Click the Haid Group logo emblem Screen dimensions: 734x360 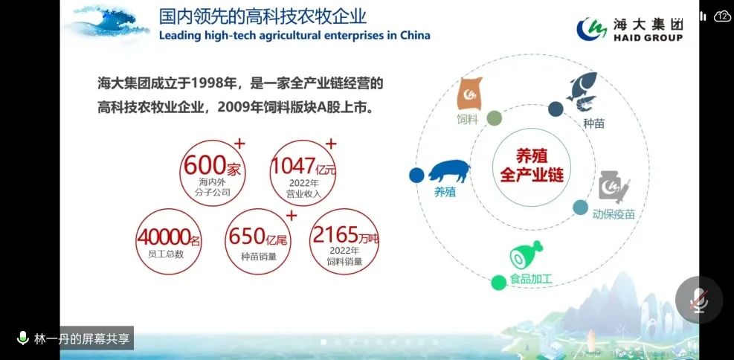pos(592,29)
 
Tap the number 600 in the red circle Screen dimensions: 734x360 pos(205,165)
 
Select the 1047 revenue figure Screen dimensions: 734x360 pos(294,166)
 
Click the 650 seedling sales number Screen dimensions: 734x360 pos(247,237)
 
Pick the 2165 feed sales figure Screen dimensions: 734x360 pos(335,234)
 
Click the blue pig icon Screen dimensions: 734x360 pos(449,171)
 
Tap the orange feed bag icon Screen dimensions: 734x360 pos(469,94)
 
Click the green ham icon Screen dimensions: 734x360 pos(526,254)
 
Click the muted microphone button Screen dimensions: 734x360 pos(699,300)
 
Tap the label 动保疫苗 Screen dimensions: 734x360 pos(614,214)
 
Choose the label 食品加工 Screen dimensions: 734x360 pos(531,280)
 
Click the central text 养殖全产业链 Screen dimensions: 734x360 pos(532,166)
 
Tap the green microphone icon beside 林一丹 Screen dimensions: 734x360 pos(22,338)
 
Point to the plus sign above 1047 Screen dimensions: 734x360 pos(331,144)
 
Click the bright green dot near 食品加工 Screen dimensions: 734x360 pos(498,283)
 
